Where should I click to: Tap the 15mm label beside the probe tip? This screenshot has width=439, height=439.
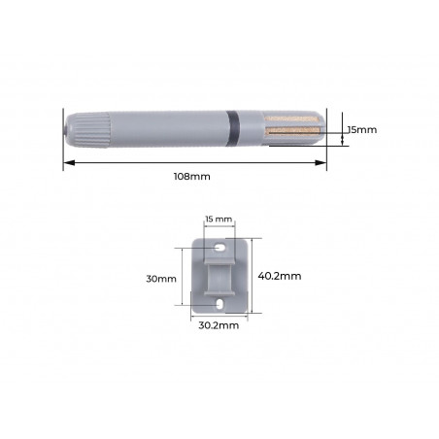[x=361, y=127]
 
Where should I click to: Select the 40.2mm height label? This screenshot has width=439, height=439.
[x=281, y=276]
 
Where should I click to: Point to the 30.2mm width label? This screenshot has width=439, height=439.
[x=218, y=326]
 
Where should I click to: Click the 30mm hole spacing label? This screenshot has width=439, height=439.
[x=161, y=278]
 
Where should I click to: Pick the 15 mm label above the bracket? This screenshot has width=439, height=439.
[x=219, y=219]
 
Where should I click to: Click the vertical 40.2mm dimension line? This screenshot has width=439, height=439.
[x=253, y=276]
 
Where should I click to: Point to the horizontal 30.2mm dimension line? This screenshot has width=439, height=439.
[x=219, y=316]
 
